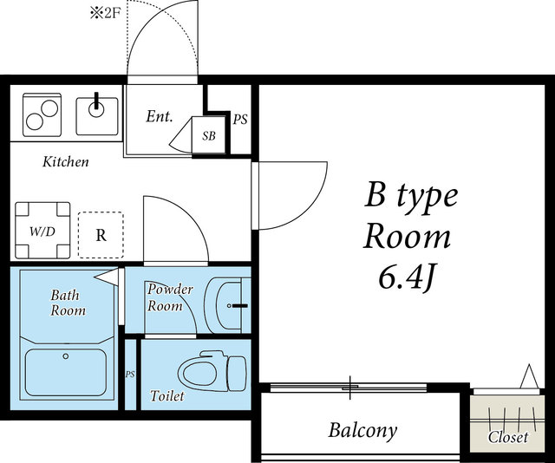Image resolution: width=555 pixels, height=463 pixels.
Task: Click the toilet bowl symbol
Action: pyautogui.click(x=212, y=370)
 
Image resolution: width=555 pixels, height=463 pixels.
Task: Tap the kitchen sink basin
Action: pyautogui.click(x=97, y=116)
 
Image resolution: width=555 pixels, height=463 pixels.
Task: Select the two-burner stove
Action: pyautogui.click(x=42, y=114)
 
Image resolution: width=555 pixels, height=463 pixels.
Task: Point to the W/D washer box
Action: pyautogui.click(x=42, y=231)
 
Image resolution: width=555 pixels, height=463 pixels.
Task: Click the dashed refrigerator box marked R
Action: pyautogui.click(x=101, y=235)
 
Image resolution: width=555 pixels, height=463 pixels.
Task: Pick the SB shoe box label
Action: pyautogui.click(x=209, y=135)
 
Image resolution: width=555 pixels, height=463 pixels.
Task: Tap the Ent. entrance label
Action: pyautogui.click(x=160, y=116)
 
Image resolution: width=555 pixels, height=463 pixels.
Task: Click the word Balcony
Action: pyautogui.click(x=362, y=431)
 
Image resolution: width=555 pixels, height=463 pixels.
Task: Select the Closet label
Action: pyautogui.click(x=508, y=438)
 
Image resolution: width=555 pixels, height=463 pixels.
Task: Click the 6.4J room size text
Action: pyautogui.click(x=407, y=277)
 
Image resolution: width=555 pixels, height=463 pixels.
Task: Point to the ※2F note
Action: pyautogui.click(x=106, y=13)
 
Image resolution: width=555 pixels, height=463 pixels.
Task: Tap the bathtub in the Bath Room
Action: pyautogui.click(x=66, y=373)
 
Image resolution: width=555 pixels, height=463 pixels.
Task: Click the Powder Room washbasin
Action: pyautogui.click(x=226, y=305)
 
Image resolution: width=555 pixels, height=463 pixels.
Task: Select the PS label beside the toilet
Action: pyautogui.click(x=130, y=375)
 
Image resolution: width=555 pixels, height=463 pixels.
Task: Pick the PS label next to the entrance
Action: pyautogui.click(x=240, y=120)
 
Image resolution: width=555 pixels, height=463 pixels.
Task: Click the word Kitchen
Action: pyautogui.click(x=66, y=162)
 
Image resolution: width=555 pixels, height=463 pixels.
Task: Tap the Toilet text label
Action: pyautogui.click(x=167, y=395)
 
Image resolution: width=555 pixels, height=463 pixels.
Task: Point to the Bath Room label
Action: pyautogui.click(x=68, y=303)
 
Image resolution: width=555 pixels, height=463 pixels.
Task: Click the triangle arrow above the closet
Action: pyautogui.click(x=529, y=376)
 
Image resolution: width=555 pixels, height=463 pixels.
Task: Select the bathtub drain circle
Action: pyautogui.click(x=66, y=356)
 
